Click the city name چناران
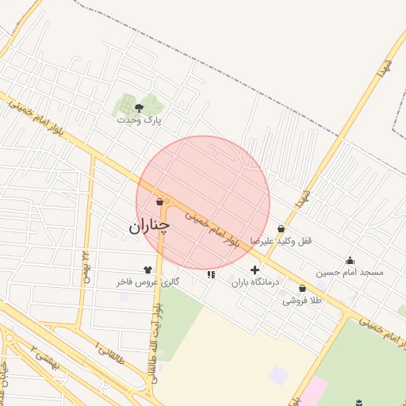149,227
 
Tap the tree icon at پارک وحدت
140,107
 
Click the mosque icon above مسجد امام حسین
350,260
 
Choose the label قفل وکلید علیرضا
282,240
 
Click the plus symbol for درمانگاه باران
255,270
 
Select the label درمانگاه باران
256,282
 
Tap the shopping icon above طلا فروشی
302,289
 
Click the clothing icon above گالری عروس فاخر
147,270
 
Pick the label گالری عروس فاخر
148,282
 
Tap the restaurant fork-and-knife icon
211,274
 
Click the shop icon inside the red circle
161,201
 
